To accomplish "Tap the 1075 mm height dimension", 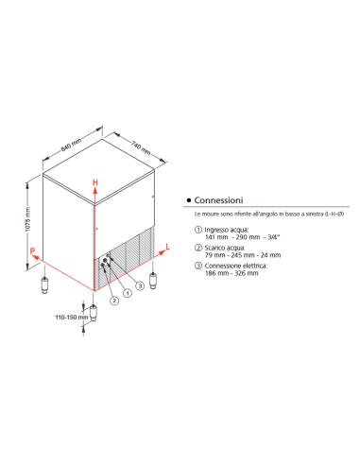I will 28,220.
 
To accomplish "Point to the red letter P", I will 31,250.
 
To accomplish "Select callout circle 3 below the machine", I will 140,285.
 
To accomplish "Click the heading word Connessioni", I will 220,201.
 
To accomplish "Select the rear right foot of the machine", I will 154,281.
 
